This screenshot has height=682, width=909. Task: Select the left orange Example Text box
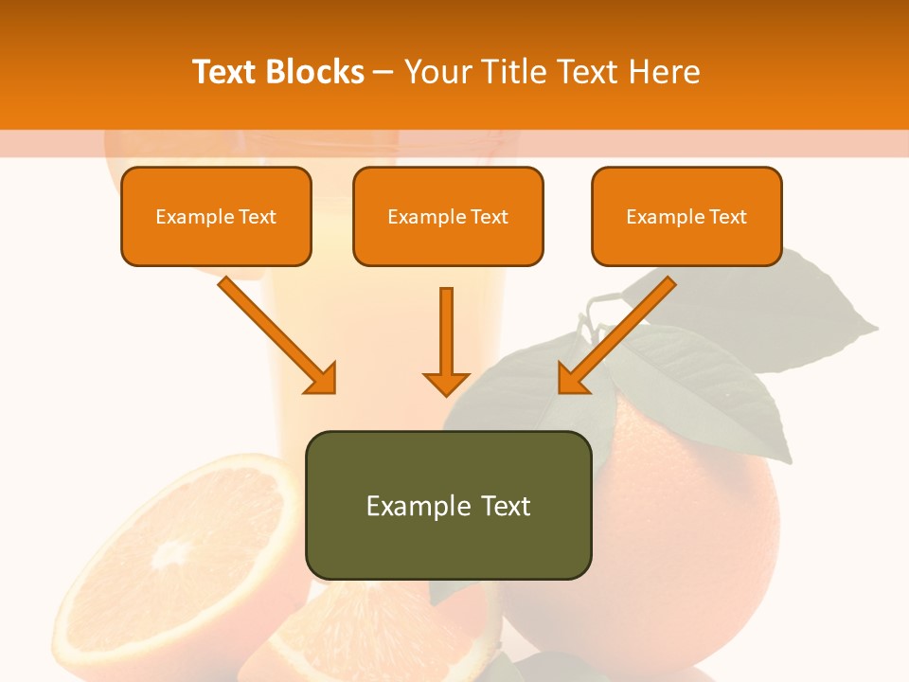point(216,216)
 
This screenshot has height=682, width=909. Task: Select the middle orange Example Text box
point(448,216)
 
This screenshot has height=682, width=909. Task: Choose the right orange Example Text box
point(686,216)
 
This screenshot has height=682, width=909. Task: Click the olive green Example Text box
point(448,505)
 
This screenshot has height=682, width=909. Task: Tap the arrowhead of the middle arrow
point(446,383)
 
